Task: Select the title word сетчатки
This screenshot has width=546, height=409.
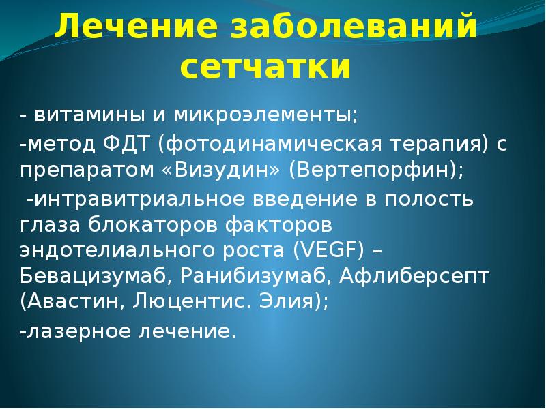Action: click(x=266, y=67)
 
